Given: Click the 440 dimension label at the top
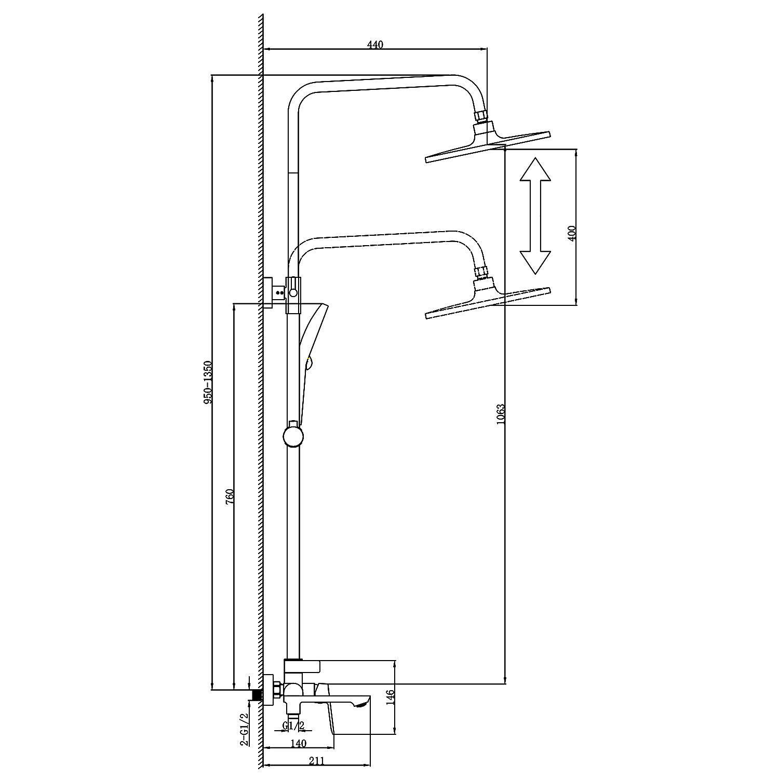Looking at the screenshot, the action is [x=375, y=45].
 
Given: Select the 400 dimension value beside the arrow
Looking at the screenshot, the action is [x=572, y=233].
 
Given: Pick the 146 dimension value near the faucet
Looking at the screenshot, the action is [x=391, y=692].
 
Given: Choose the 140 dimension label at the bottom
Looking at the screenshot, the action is [x=298, y=744].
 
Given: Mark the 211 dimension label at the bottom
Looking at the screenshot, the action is [x=316, y=761].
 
